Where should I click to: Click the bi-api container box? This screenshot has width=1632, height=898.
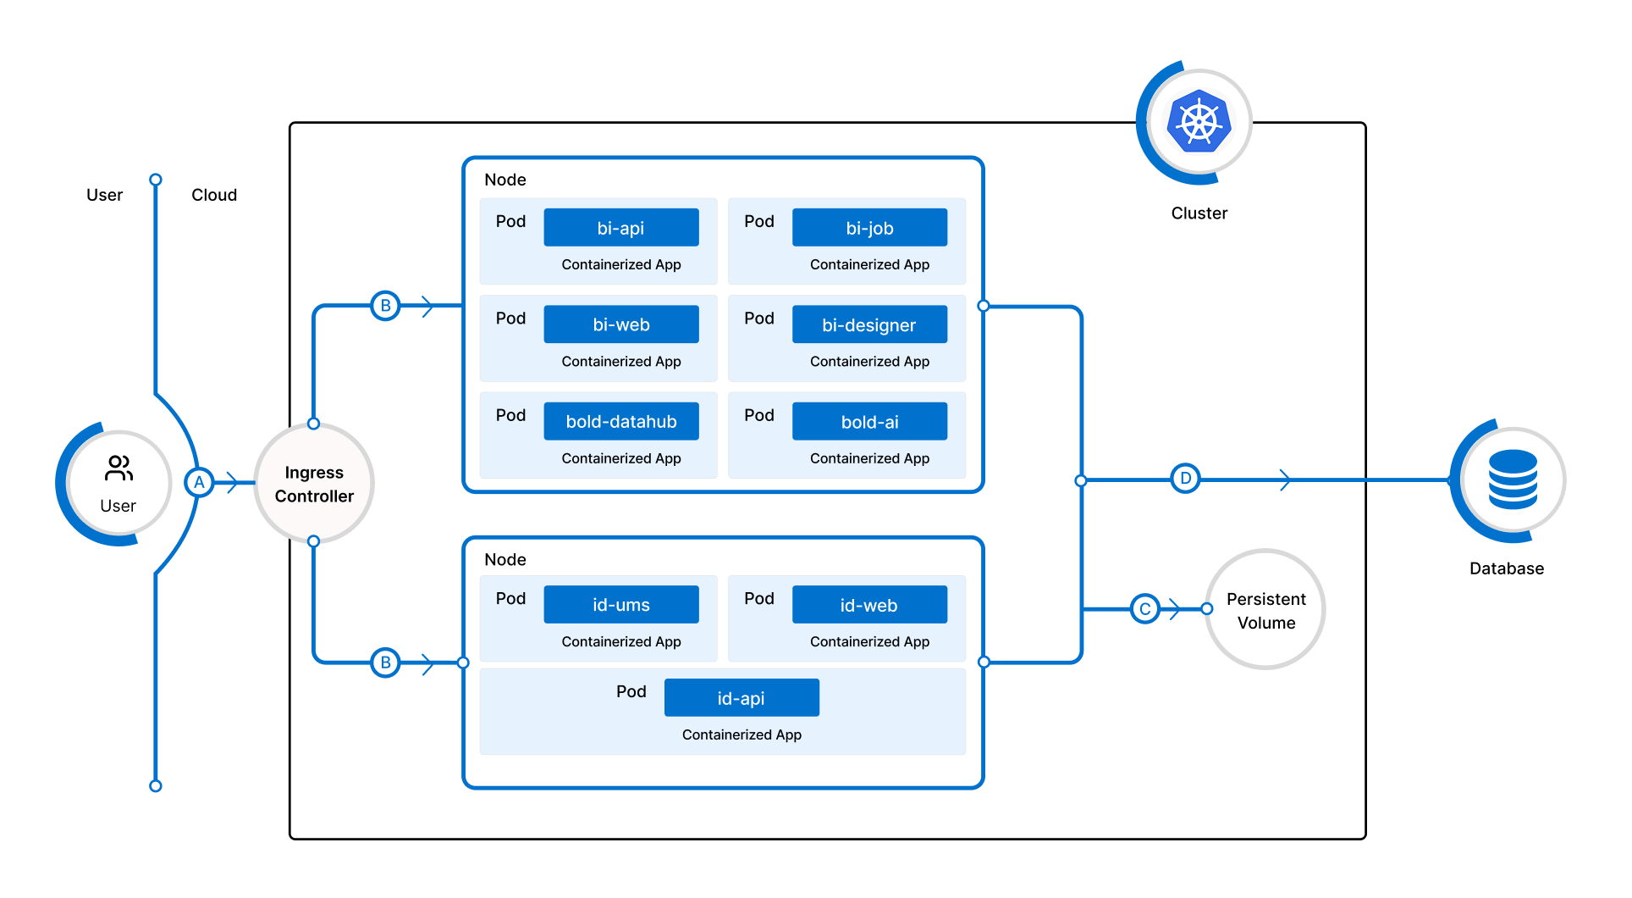[x=620, y=228]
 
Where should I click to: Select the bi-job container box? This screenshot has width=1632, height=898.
[x=869, y=228]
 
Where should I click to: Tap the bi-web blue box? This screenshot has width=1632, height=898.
[x=620, y=324]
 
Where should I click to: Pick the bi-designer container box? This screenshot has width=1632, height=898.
[x=869, y=324]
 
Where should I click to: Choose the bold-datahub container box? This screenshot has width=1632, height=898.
[x=620, y=421]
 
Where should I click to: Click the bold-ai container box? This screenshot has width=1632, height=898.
[x=869, y=421]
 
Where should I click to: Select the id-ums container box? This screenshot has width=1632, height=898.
[x=620, y=605]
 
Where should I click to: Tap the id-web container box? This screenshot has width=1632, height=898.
[x=869, y=605]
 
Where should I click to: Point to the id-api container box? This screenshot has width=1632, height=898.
[x=742, y=698]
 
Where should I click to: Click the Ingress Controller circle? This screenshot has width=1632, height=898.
[x=314, y=484]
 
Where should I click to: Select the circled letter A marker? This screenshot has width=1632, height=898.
[x=199, y=483]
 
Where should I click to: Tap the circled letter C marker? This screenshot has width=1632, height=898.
[x=1144, y=609]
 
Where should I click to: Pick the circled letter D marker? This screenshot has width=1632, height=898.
[x=1185, y=479]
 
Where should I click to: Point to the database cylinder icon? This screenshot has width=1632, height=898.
[x=1513, y=479]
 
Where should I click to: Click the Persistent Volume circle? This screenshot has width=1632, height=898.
[x=1265, y=610]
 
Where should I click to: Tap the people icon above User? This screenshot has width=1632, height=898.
[x=119, y=468]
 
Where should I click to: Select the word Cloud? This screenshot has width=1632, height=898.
[x=214, y=195]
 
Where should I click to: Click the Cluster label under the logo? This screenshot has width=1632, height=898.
[x=1199, y=213]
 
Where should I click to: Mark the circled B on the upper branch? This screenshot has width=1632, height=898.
[x=385, y=306]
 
